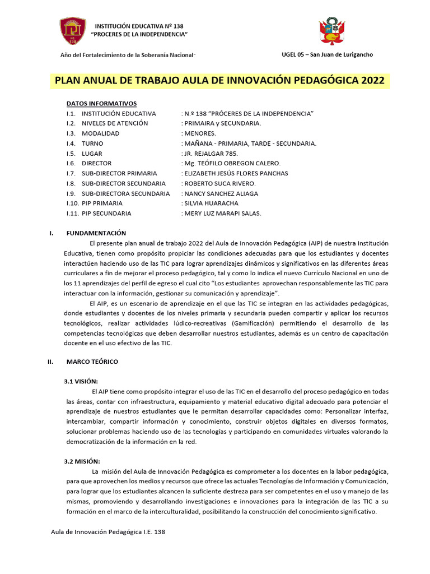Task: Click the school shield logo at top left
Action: [73, 31]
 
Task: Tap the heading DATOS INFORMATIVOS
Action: [101, 104]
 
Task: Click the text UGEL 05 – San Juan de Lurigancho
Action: [326, 54]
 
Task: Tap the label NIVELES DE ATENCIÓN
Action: [115, 123]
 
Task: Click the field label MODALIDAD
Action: [100, 133]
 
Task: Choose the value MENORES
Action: [199, 133]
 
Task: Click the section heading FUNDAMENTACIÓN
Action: [96, 233]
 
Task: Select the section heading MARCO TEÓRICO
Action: [92, 362]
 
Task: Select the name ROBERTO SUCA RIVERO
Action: [219, 183]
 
